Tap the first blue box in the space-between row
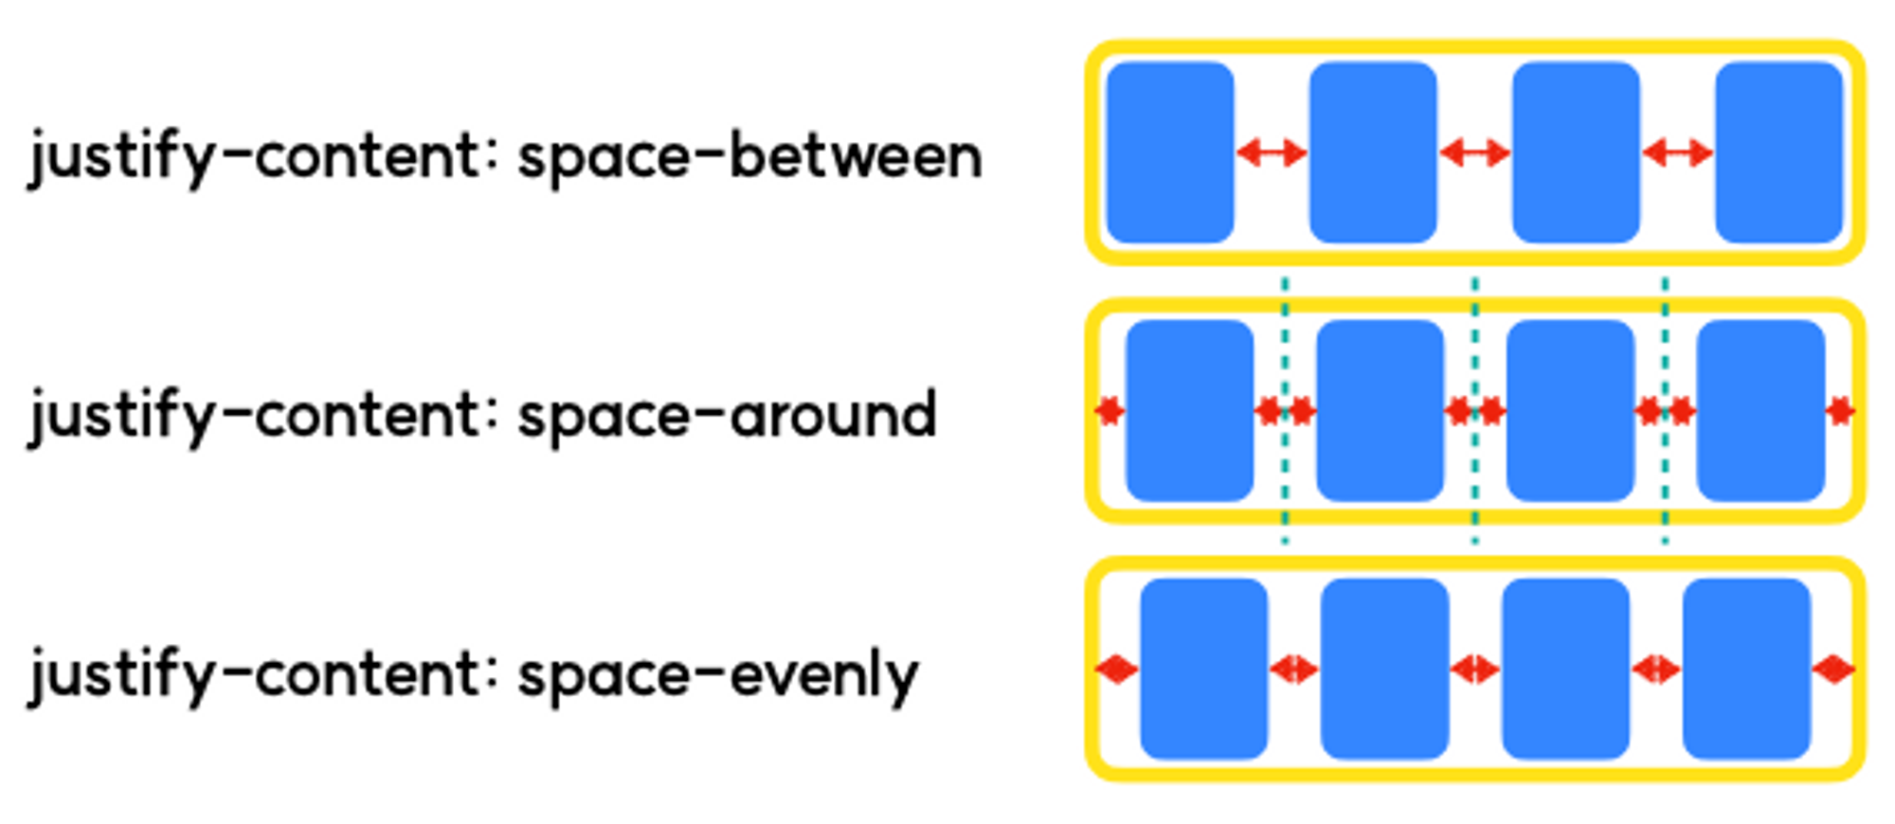(x=1170, y=152)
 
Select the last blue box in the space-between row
(x=1778, y=152)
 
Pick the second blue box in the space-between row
(x=1373, y=152)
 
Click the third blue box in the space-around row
(x=1570, y=410)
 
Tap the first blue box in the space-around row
(x=1189, y=410)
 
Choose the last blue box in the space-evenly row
(x=1746, y=669)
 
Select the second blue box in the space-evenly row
(x=1384, y=669)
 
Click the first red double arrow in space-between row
(x=1272, y=152)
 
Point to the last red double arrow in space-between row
(x=1677, y=152)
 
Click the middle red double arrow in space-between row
(x=1474, y=152)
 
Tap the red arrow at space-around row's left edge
(x=1110, y=411)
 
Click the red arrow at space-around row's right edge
(x=1840, y=411)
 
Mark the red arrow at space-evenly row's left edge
(x=1116, y=670)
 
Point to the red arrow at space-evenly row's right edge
(x=1834, y=670)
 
